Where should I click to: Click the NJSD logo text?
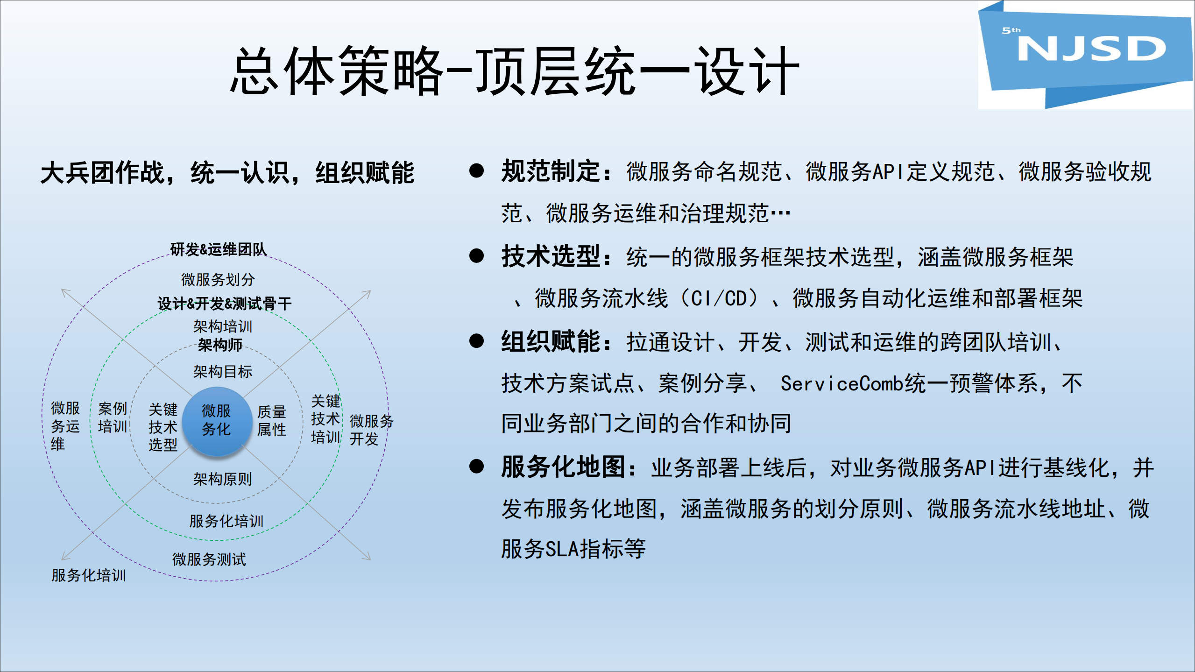(x=1091, y=49)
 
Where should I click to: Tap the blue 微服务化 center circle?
(x=216, y=420)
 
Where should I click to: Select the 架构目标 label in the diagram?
(x=222, y=372)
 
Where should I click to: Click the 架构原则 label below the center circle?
(x=222, y=479)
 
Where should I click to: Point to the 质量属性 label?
(x=271, y=421)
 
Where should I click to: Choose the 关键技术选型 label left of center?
(x=163, y=427)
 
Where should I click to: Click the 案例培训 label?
(x=112, y=417)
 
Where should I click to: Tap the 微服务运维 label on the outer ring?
(x=65, y=426)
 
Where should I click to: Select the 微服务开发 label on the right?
(x=371, y=430)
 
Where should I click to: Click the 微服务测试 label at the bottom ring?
(x=209, y=559)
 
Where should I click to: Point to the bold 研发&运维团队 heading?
(x=218, y=249)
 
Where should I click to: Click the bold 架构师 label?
(x=220, y=345)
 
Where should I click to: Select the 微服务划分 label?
(x=218, y=280)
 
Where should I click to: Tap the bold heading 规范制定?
(x=551, y=171)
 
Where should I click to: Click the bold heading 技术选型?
(x=551, y=257)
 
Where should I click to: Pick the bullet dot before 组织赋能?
(x=476, y=341)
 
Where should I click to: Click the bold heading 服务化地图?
(x=563, y=467)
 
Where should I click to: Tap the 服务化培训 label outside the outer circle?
(x=89, y=575)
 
